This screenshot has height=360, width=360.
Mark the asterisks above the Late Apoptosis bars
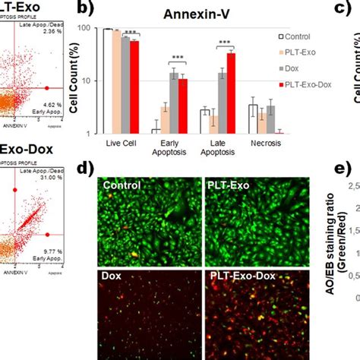point(224,43)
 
